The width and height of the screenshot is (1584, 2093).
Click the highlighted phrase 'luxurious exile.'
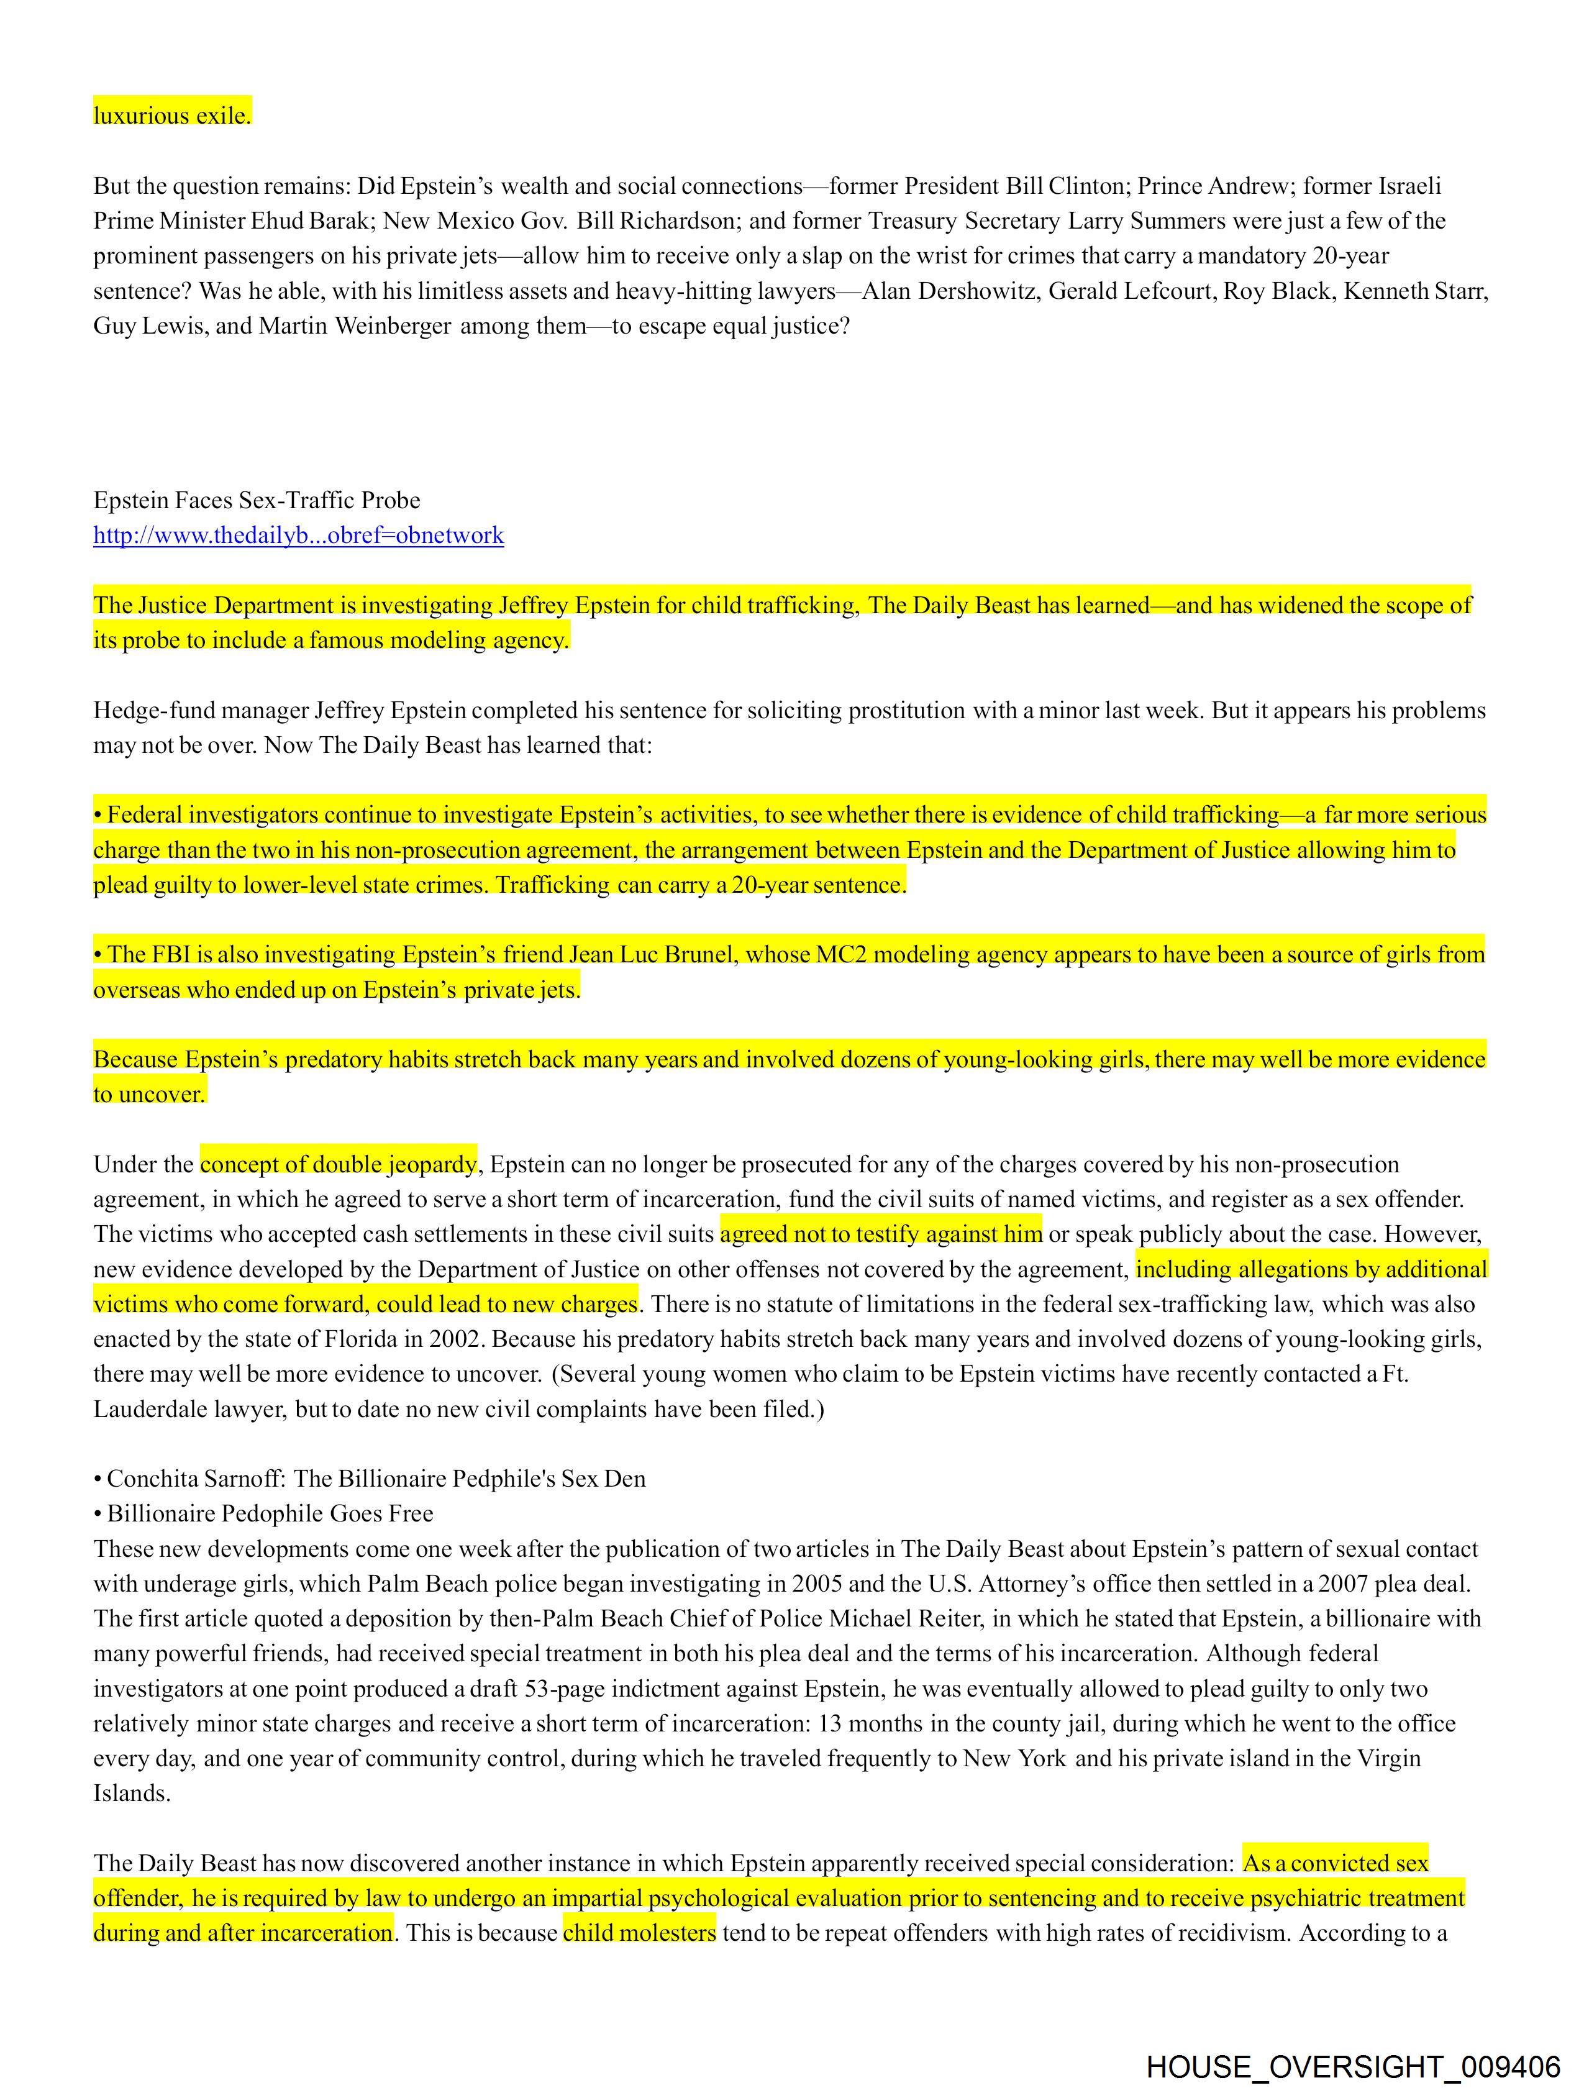172,116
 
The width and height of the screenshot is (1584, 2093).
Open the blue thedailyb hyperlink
298,536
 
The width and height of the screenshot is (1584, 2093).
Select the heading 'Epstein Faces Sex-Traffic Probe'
257,501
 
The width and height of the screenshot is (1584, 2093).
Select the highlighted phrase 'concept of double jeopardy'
338,1165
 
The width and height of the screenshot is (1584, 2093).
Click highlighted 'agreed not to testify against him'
880,1235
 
